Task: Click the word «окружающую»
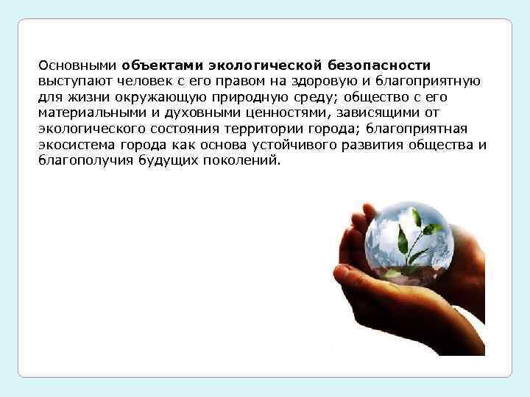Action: (160, 96)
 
